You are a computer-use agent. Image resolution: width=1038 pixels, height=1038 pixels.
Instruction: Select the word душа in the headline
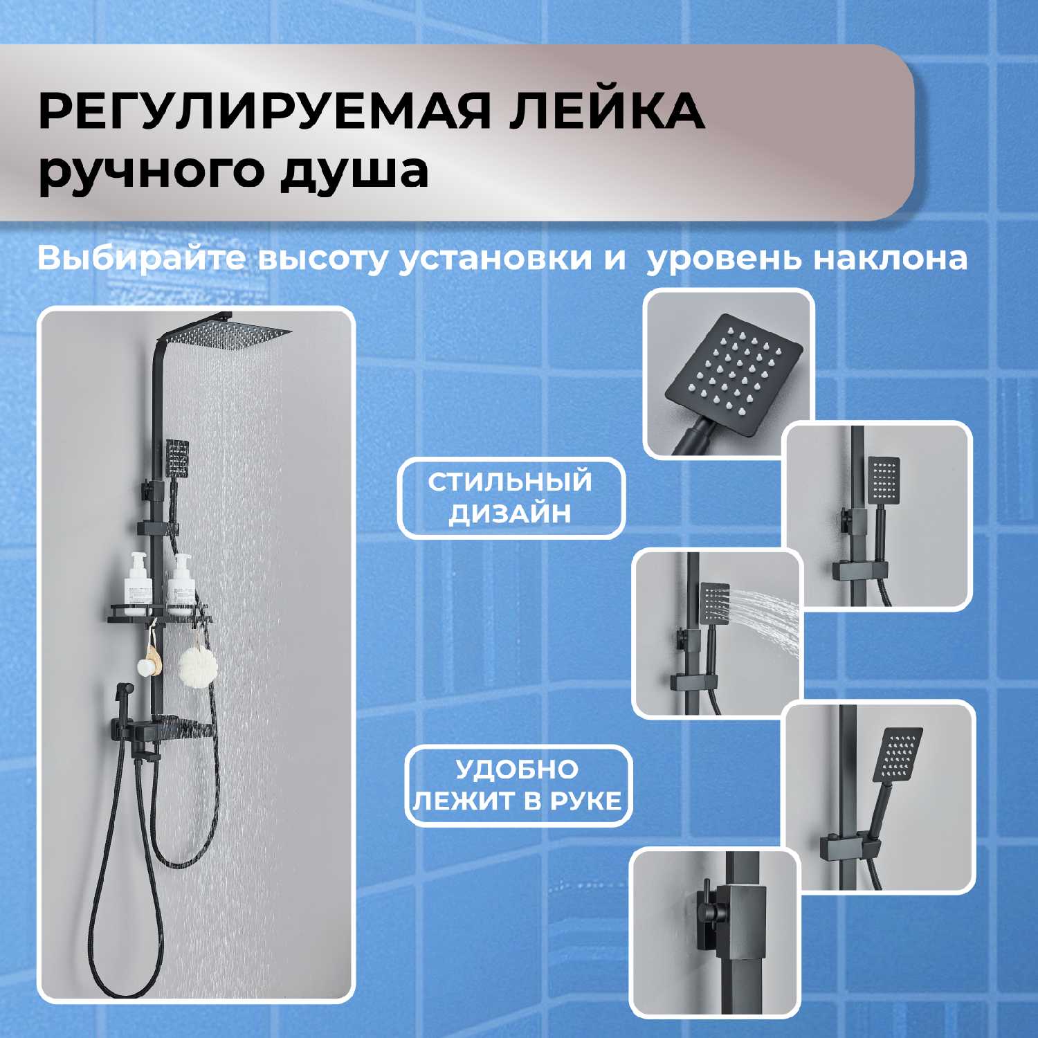point(354,172)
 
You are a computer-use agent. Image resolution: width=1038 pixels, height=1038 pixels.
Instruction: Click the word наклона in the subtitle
point(890,259)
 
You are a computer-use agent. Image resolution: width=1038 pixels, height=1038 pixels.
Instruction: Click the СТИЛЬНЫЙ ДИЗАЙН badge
point(511,498)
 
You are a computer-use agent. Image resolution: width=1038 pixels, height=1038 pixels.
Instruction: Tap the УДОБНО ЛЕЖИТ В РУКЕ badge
point(518,785)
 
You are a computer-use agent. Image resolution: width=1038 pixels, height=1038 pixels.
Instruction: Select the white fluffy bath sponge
point(198,665)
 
